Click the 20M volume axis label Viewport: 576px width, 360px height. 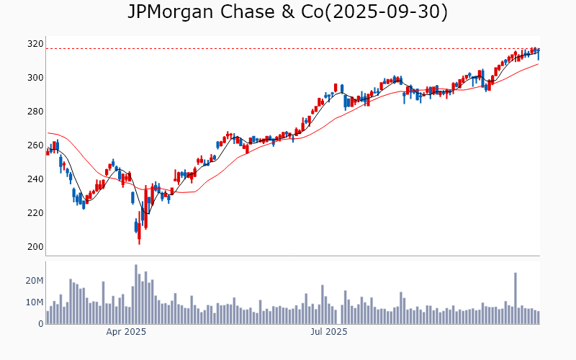tap(34, 281)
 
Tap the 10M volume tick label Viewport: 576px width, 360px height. tap(34, 302)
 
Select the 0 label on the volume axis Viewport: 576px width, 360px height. tap(40, 324)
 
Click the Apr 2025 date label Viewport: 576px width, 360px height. tap(126, 332)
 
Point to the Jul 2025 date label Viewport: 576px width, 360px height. tap(328, 332)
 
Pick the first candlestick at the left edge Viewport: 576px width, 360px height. tap(48, 151)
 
